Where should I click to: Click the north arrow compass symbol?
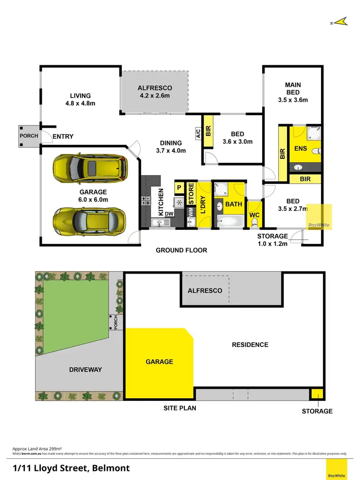(x=341, y=21)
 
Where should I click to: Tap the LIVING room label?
(x=80, y=99)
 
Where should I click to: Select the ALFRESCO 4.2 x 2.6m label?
(x=155, y=92)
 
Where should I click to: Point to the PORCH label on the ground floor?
(x=28, y=136)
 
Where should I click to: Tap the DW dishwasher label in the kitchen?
(x=169, y=214)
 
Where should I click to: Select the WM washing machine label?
(x=190, y=210)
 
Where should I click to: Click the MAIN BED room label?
(x=293, y=93)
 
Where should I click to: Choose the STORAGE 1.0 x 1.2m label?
(x=272, y=240)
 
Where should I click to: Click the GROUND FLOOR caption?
(x=181, y=250)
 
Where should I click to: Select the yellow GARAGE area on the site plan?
(x=159, y=362)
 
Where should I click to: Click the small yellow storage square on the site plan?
(x=316, y=395)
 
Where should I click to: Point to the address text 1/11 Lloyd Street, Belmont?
(x=71, y=468)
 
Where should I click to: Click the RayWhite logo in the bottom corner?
(x=336, y=469)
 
